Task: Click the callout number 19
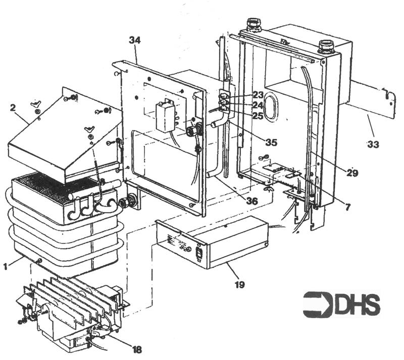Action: (239, 285)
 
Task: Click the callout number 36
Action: (251, 201)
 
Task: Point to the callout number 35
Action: (271, 142)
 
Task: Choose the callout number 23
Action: (259, 94)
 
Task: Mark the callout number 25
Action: (259, 116)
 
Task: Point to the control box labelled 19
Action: (212, 242)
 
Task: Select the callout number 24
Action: (259, 105)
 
